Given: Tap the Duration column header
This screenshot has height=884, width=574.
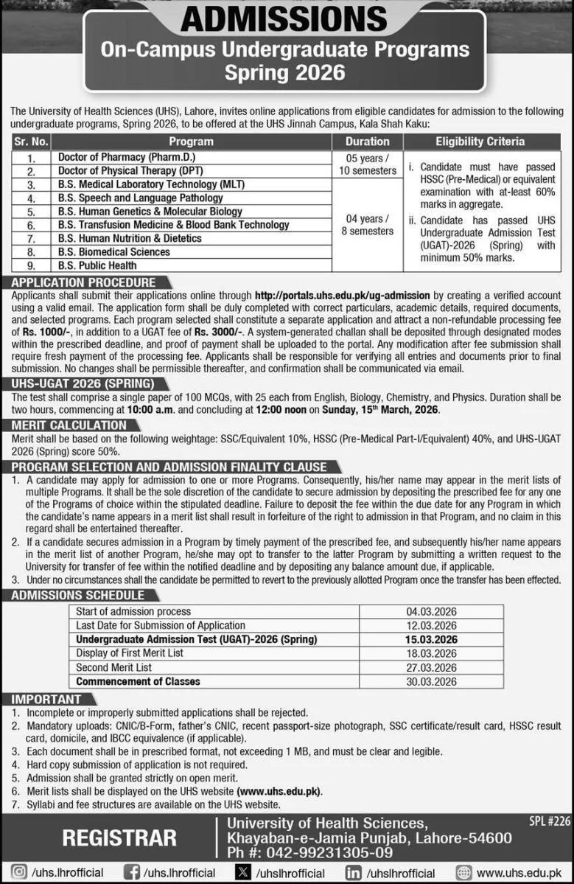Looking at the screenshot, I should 367,141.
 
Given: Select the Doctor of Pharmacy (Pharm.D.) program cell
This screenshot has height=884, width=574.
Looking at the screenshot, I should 127,157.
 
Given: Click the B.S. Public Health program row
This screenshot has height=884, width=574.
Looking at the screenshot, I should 97,265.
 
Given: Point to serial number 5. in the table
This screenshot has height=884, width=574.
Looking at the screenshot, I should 31,212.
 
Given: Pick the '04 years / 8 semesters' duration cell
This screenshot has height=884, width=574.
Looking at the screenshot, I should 367,225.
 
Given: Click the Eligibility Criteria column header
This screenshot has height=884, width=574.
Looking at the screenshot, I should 480,141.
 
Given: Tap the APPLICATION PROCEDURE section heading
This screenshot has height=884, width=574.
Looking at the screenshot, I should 84,282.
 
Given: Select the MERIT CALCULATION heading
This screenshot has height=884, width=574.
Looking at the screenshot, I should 69,425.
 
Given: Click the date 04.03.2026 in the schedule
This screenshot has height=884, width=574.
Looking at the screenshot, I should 431,611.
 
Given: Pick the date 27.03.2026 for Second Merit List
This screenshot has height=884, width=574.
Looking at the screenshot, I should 431,667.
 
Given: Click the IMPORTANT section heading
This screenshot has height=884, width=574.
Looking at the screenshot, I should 46,699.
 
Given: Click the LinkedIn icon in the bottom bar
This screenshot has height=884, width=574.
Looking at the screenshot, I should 354,873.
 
